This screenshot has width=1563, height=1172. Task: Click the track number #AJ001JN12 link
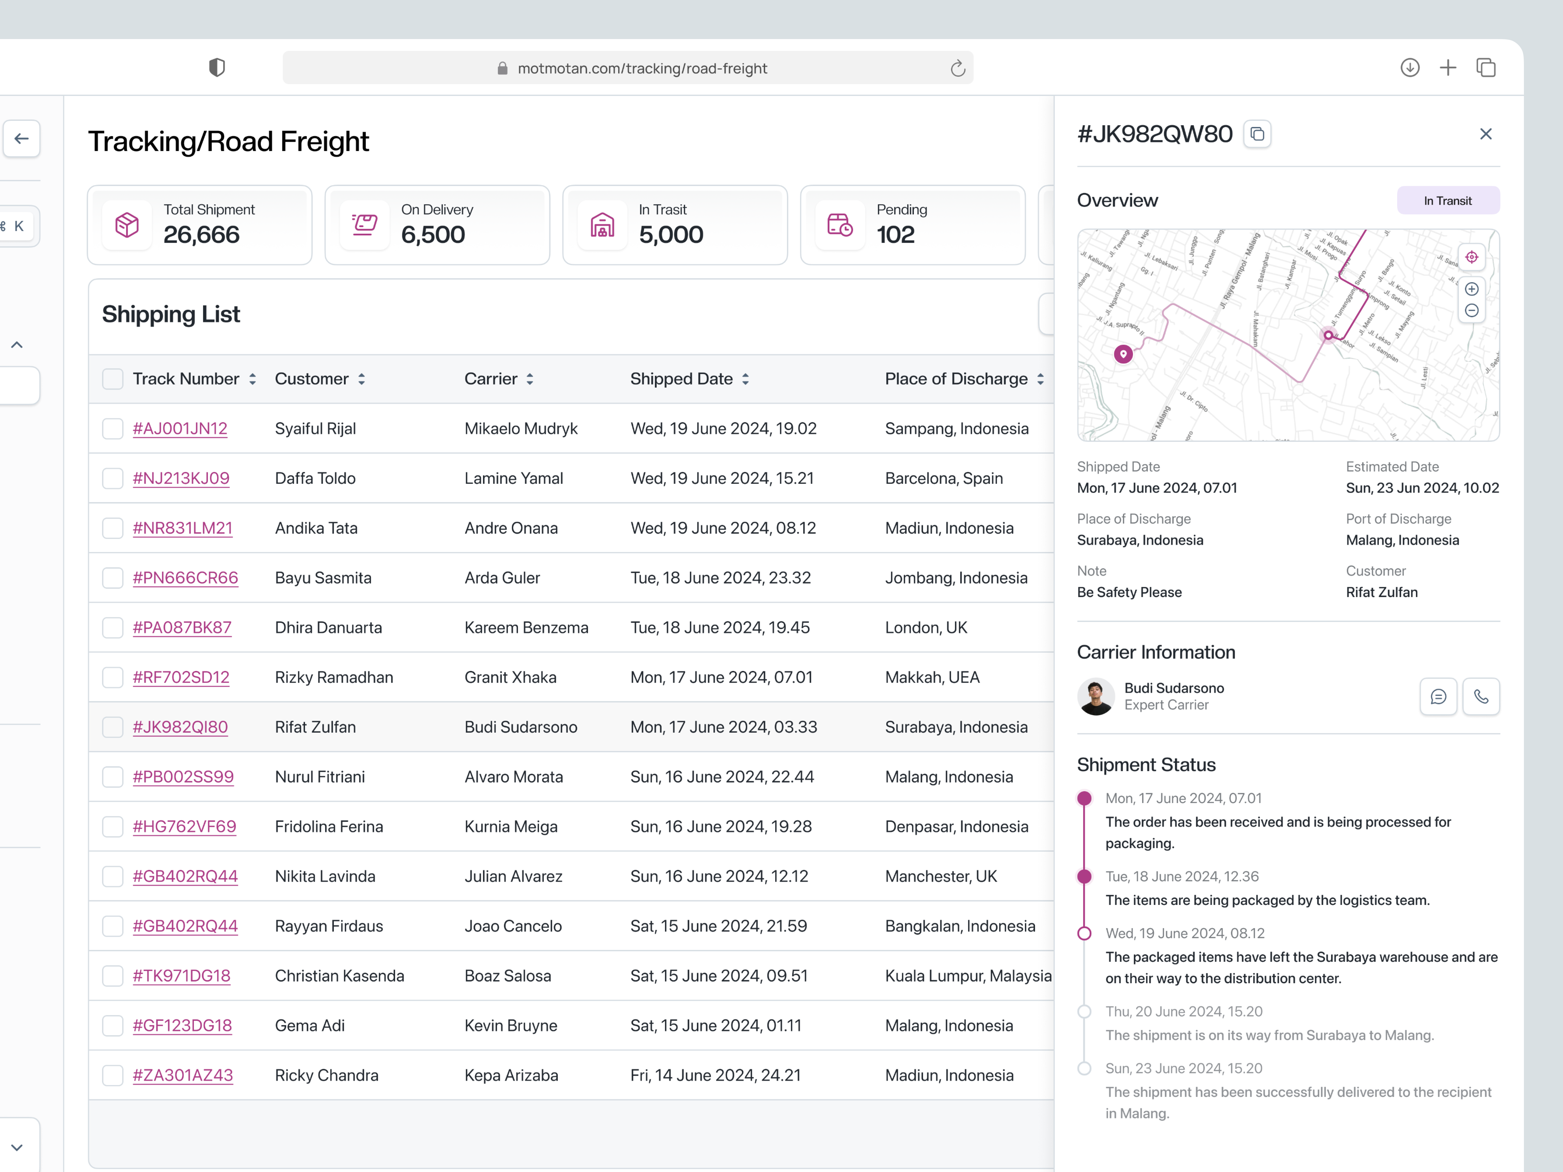[180, 429]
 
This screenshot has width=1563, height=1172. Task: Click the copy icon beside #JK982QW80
[1257, 134]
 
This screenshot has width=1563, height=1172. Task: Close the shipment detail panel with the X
[1486, 134]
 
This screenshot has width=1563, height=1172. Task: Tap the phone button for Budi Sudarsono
[1481, 697]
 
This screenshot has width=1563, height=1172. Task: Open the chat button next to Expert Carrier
[1438, 697]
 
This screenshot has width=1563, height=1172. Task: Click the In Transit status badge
[1448, 201]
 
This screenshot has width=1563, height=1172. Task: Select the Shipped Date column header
[681, 379]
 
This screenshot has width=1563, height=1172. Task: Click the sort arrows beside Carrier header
[530, 379]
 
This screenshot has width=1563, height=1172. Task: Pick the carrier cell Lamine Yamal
[514, 478]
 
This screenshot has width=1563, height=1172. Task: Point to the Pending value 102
[895, 235]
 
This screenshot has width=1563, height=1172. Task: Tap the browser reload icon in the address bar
[957, 69]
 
